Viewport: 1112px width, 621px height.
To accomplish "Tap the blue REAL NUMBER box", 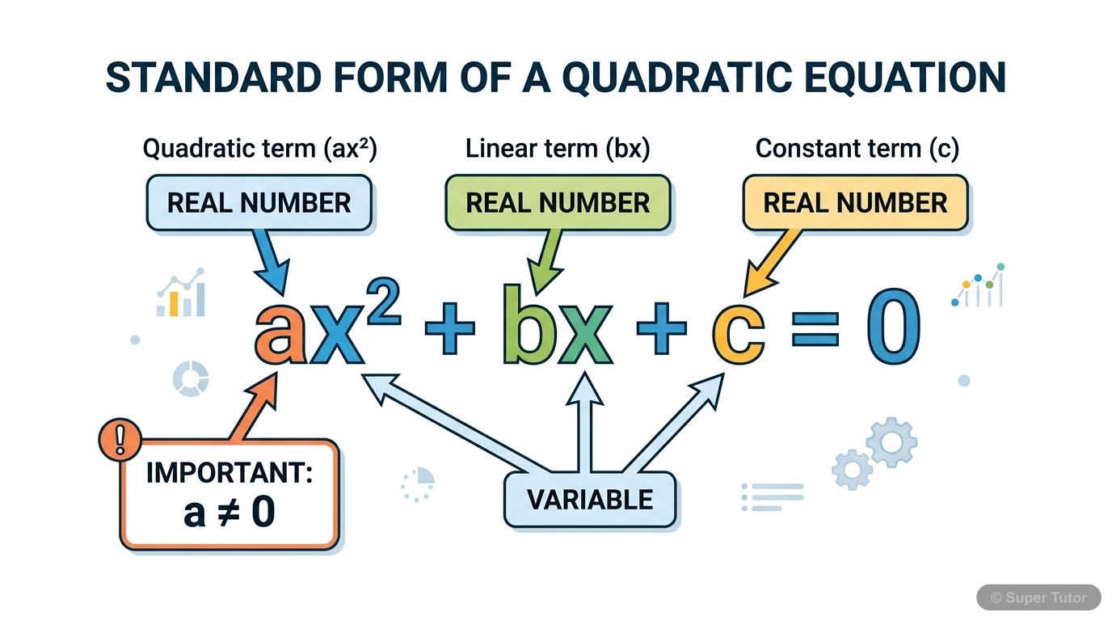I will click(x=259, y=202).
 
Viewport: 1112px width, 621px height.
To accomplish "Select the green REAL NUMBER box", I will click(x=558, y=202).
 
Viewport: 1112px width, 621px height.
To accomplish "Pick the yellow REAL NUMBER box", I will click(x=855, y=202).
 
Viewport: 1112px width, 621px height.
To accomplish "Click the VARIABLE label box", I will click(x=590, y=500).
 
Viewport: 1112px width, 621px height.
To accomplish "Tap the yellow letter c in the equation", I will click(x=738, y=332).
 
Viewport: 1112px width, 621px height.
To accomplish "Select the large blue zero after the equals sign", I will click(x=893, y=327).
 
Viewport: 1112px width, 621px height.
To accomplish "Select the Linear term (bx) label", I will click(x=558, y=149).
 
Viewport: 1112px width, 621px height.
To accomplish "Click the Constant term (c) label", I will click(x=857, y=149).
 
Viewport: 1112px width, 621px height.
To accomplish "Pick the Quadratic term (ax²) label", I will click(x=259, y=149).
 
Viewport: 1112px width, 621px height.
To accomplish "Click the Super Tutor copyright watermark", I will click(x=1039, y=598).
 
